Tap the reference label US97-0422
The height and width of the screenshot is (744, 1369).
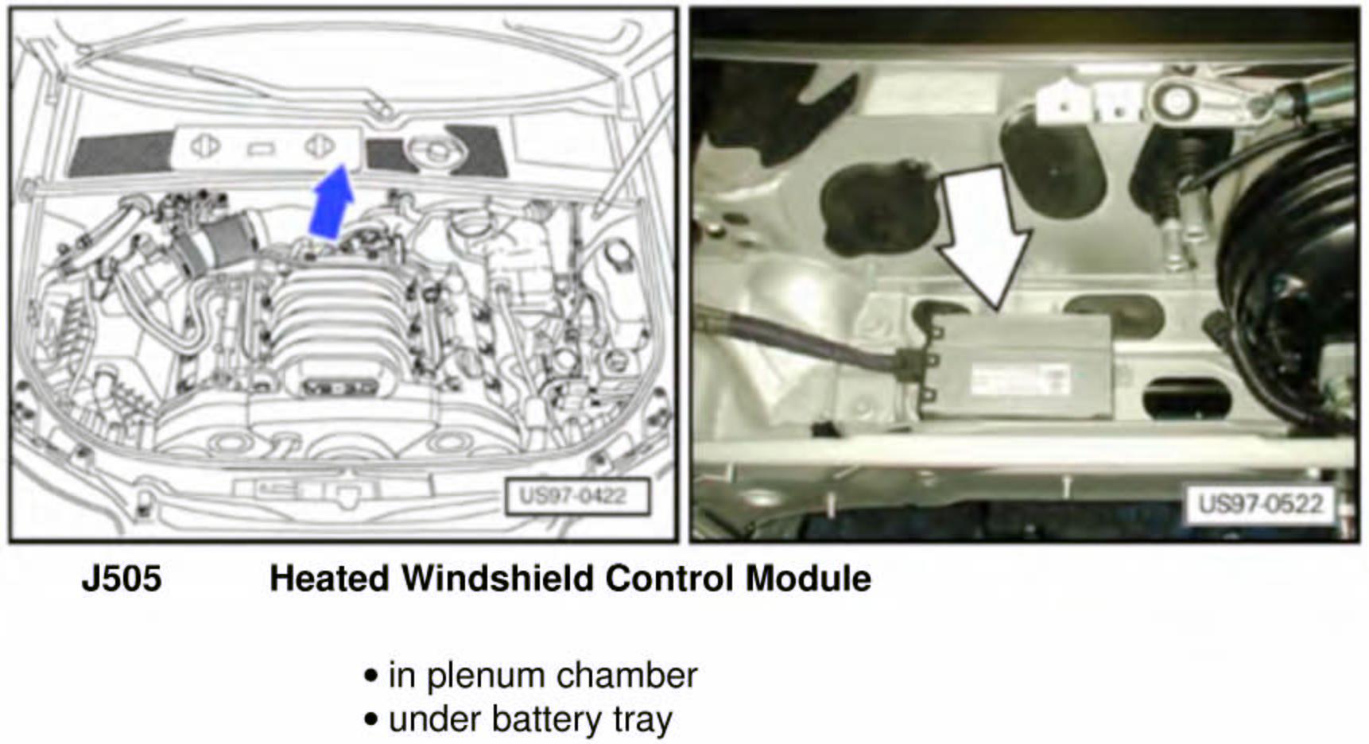click(576, 496)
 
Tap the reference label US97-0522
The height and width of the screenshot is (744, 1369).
click(1259, 503)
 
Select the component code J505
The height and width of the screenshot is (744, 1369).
click(122, 578)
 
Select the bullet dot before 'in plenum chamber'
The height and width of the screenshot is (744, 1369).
click(370, 676)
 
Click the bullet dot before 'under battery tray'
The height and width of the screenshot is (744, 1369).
click(370, 720)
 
